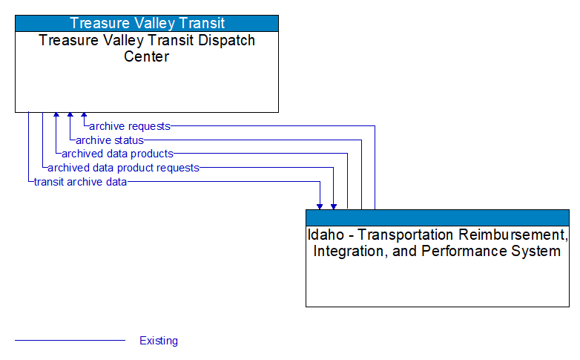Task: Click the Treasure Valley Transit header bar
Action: [147, 23]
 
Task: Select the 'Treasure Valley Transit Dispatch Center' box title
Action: [147, 48]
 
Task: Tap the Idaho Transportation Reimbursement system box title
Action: [438, 243]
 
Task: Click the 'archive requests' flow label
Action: [129, 126]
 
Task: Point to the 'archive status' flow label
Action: [109, 140]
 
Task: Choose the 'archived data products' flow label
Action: [117, 154]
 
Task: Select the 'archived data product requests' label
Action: [123, 168]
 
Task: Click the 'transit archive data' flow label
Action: [80, 181]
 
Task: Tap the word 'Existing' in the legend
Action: [159, 341]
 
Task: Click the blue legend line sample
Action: [70, 341]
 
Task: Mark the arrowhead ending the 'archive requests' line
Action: [84, 117]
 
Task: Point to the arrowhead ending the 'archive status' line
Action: [70, 117]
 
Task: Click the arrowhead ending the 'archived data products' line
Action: [56, 117]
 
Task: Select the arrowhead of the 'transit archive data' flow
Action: [320, 205]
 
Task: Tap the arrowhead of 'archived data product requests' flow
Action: [334, 205]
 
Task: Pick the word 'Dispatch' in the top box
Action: [222, 40]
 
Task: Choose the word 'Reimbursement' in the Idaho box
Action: [512, 235]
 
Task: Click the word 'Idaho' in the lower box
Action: [325, 235]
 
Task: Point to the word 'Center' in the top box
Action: [147, 56]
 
